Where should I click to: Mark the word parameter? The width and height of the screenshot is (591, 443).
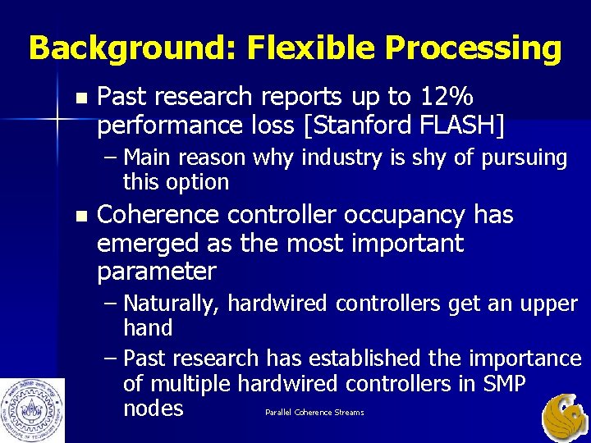pos(156,271)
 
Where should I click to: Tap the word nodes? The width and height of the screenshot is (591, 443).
pos(153,408)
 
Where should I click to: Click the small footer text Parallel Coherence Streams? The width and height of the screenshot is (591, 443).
pos(314,412)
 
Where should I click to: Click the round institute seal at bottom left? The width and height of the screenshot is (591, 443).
pos(32,409)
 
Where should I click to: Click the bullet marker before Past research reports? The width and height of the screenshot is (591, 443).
pos(79,98)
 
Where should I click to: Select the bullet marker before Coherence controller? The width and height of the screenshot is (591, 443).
pos(79,216)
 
